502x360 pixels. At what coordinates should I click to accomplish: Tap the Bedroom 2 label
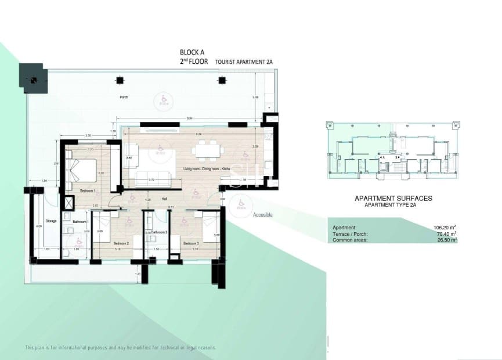point(121,243)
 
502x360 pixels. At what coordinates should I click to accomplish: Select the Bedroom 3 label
point(191,243)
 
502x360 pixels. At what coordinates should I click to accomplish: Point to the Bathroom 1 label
point(80,222)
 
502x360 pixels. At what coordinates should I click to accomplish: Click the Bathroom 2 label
point(159,232)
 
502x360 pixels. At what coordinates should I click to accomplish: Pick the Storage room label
point(51,221)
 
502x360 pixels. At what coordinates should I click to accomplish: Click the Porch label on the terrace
point(123,97)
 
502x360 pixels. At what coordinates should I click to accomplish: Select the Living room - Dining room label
point(207,168)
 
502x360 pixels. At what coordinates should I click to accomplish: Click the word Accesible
point(262,215)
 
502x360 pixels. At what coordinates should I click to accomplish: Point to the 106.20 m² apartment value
point(445,227)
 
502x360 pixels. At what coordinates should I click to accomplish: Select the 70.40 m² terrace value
point(446,233)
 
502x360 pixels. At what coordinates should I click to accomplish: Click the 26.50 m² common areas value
point(446,239)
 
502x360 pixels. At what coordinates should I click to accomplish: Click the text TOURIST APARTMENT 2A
point(244,61)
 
